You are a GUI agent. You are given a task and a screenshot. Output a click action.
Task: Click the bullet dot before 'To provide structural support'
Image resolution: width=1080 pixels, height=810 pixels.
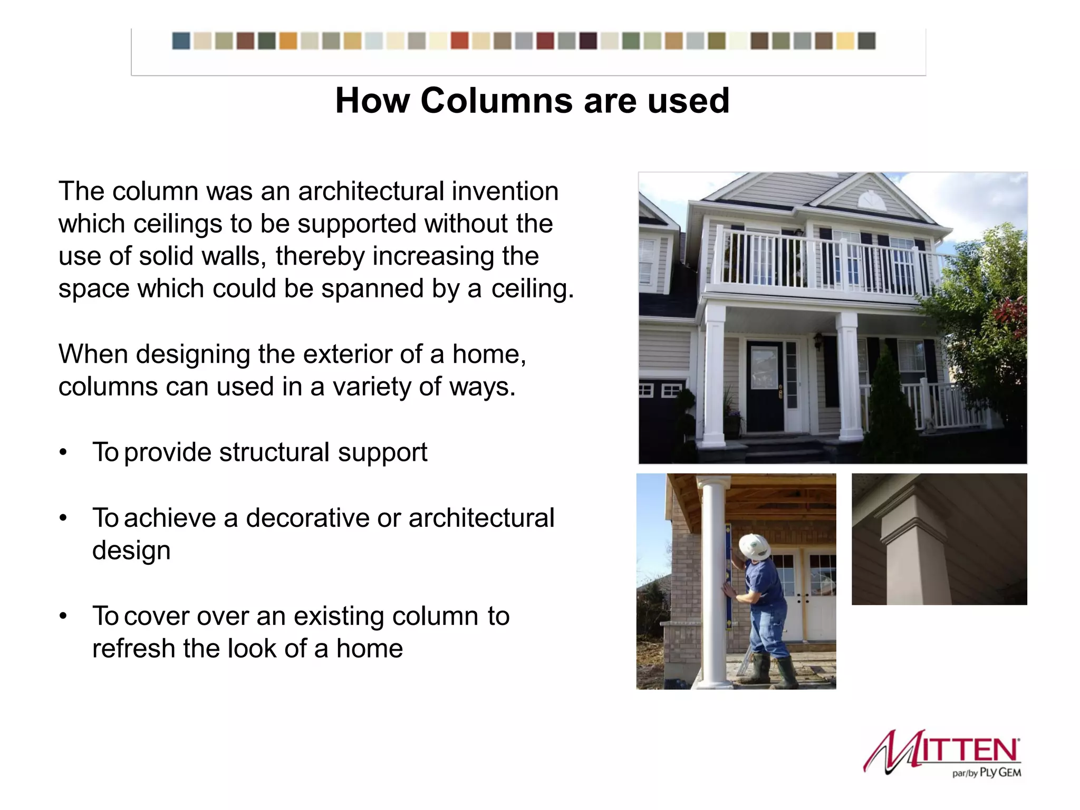[63, 452]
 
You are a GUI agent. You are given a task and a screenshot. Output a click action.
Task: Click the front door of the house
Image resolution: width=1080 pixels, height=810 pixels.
[765, 386]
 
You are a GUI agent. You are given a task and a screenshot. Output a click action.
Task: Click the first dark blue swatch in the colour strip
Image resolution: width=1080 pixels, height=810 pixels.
[181, 41]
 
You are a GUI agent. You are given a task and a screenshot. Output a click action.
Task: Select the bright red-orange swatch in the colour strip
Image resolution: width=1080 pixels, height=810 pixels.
[459, 41]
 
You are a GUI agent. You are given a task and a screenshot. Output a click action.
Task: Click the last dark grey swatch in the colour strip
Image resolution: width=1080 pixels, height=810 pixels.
[867, 41]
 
